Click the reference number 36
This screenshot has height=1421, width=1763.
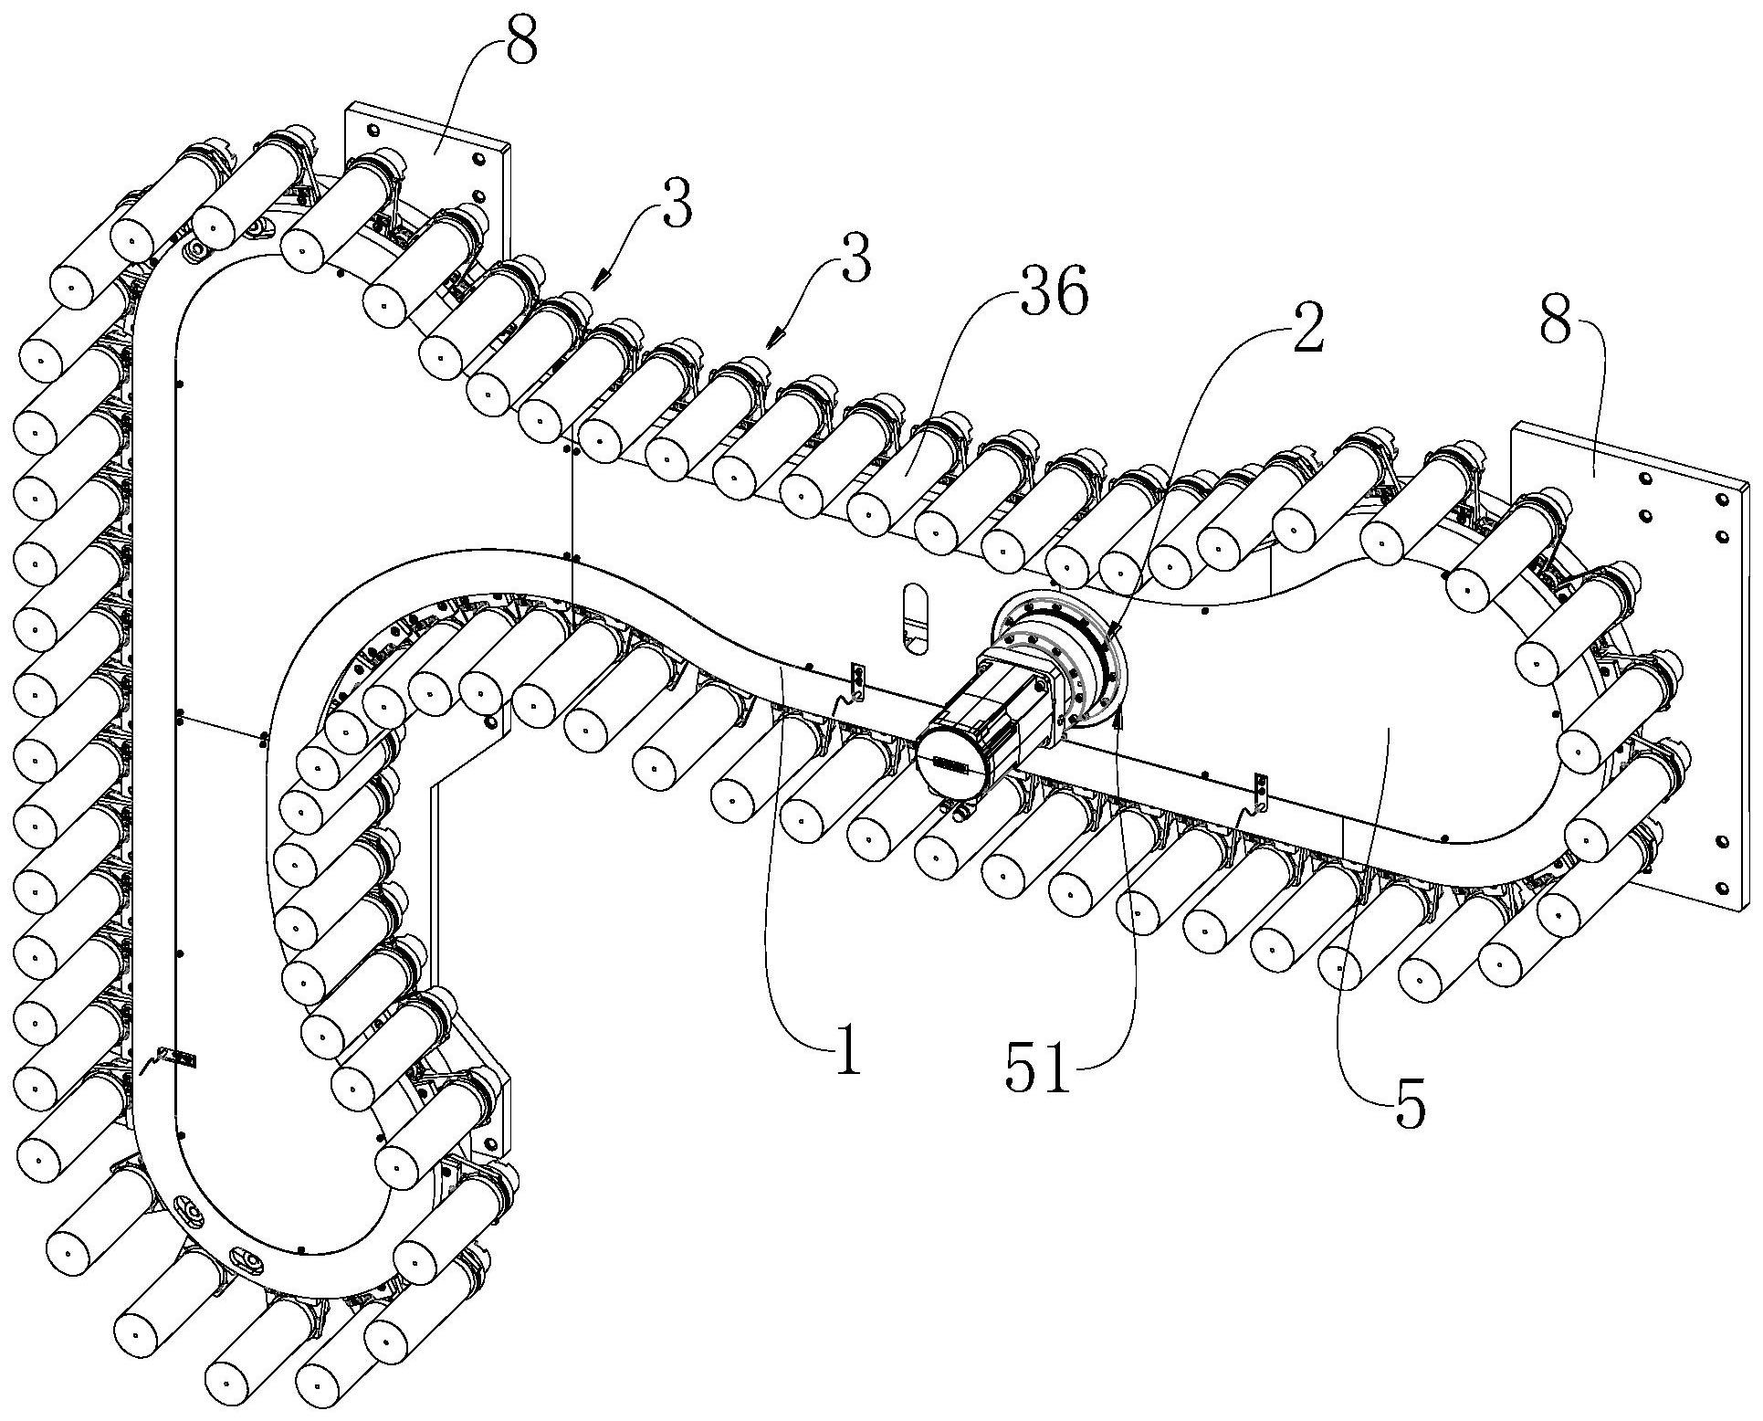pos(1055,296)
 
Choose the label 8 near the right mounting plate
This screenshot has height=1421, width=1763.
pos(1555,321)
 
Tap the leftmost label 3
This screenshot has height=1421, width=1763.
pos(677,209)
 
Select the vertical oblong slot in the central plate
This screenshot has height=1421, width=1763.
pos(913,619)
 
